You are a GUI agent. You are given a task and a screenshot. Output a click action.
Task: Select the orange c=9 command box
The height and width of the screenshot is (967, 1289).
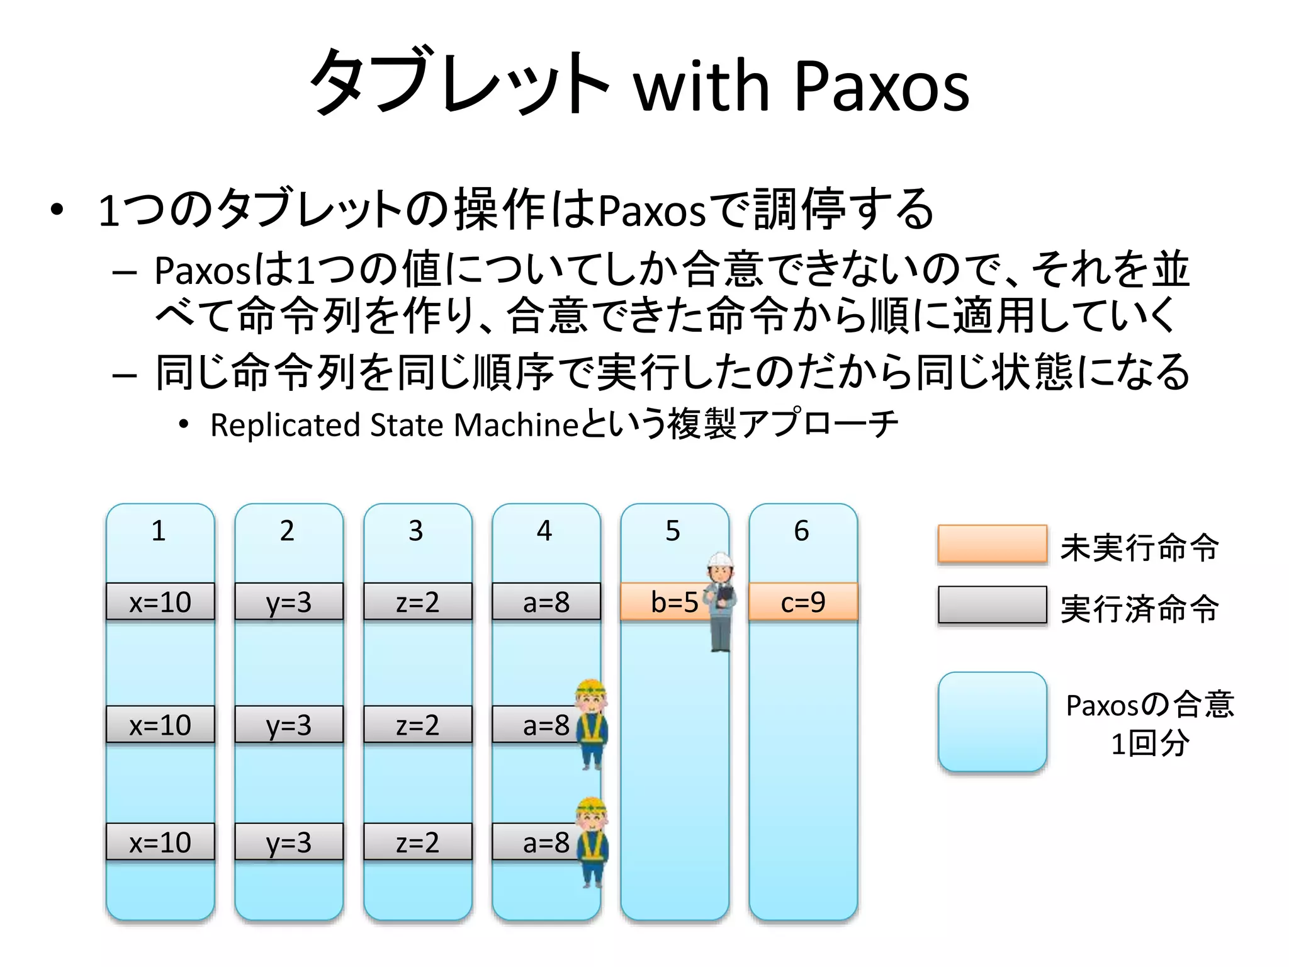pos(803,602)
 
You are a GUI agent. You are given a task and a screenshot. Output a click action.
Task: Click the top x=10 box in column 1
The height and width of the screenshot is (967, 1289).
pos(160,602)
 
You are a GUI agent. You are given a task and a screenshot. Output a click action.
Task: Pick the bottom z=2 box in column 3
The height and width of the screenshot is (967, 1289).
pos(417,842)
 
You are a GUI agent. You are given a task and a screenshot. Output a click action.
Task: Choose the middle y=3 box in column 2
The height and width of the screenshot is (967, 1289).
pos(288,725)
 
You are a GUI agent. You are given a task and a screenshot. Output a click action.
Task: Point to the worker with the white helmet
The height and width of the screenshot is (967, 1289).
pos(721,601)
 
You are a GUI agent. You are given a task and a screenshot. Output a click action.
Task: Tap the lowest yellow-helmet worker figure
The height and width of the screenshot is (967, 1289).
pos(592,842)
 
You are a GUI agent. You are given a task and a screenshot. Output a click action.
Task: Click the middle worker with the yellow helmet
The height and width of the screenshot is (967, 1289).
pos(592,724)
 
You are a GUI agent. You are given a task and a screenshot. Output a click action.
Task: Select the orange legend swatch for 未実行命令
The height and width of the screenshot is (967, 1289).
pos(992,543)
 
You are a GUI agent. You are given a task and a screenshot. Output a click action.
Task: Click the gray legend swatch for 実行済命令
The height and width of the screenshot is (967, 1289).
pos(992,604)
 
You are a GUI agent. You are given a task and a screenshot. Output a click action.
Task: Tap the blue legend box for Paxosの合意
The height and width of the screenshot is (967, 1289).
pos(992,721)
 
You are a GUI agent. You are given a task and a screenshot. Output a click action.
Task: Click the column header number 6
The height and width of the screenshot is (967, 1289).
pos(801,531)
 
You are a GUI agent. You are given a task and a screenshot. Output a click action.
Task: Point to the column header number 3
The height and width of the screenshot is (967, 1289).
pos(415,531)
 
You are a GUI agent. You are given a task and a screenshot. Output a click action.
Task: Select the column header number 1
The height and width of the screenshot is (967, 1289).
pos(159,531)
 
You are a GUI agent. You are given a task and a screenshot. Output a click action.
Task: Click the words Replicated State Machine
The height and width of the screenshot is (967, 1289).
pos(393,425)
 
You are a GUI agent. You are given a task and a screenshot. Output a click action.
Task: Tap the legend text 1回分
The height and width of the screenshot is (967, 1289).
pos(1149,744)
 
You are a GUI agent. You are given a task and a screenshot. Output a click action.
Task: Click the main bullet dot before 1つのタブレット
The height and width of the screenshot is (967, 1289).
pos(57,210)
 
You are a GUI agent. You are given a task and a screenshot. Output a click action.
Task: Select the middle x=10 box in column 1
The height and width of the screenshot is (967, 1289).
pos(160,725)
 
